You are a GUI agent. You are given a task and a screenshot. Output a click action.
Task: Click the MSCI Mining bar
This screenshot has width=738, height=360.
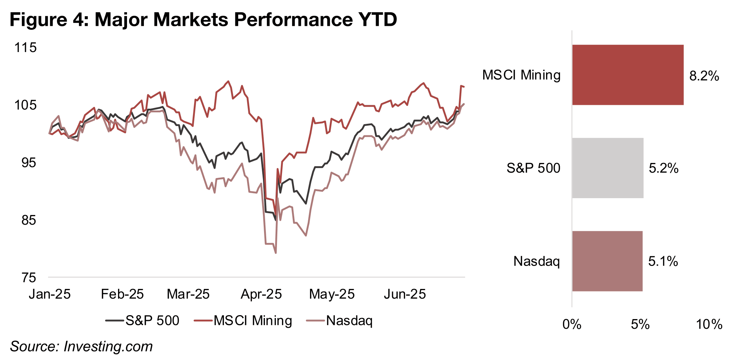tap(627, 75)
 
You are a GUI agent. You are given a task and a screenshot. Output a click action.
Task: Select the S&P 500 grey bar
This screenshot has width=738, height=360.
tap(607, 168)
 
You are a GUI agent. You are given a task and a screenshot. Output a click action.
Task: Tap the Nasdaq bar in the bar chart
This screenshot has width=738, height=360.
tap(607, 261)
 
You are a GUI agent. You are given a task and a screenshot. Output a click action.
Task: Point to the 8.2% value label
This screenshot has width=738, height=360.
tap(704, 76)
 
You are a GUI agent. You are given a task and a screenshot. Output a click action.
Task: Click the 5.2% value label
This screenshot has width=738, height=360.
tap(663, 168)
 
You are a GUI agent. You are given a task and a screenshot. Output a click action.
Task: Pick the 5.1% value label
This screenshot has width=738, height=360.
tap(663, 261)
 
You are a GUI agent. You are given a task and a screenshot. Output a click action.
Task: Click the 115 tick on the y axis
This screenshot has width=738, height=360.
tap(25, 48)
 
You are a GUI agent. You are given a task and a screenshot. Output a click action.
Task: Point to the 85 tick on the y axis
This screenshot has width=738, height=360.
tap(29, 220)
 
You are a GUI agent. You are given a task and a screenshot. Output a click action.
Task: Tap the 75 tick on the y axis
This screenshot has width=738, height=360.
tap(29, 277)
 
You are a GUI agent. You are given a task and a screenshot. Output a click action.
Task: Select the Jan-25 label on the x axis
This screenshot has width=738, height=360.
tap(50, 294)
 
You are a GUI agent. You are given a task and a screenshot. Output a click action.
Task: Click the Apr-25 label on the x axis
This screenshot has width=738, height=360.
tap(261, 294)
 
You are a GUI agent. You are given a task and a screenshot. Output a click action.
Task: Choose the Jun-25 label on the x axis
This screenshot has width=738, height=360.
tap(405, 294)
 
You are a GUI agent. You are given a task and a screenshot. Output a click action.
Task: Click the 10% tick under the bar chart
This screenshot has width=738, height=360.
tap(709, 324)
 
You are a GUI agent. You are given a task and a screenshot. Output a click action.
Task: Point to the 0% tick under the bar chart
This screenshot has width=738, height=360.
tap(572, 324)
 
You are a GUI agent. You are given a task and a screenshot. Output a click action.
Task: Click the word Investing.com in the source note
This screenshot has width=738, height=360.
tap(108, 346)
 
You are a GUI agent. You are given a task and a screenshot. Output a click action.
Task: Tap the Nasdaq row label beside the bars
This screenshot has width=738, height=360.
tap(536, 261)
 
